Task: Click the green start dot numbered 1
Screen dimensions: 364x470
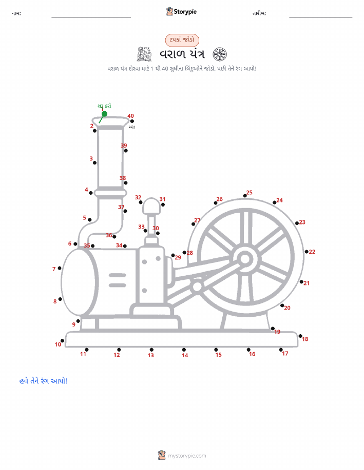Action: point(104,114)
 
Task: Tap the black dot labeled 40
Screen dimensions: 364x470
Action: point(132,121)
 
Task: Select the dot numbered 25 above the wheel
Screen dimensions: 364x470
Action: point(245,196)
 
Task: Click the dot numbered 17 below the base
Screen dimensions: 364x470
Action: point(281,350)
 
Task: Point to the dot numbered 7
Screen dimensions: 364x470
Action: point(60,268)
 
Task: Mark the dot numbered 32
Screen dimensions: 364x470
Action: point(141,202)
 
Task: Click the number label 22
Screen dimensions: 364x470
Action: point(312,252)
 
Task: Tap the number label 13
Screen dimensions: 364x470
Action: point(151,355)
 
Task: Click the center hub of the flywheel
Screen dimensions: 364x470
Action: point(245,259)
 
